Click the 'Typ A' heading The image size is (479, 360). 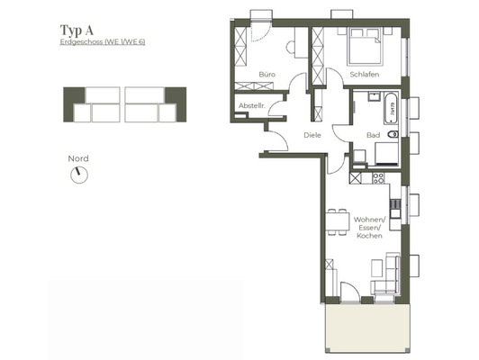77,30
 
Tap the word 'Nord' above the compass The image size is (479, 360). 78,158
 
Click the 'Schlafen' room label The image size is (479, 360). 364,76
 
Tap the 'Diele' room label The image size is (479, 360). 312,136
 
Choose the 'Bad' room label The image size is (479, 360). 372,135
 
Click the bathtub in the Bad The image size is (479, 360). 393,111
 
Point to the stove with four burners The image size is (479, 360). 379,175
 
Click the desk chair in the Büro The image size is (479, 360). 290,48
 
